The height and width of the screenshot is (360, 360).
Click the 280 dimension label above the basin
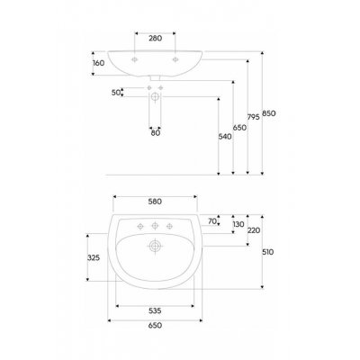point(156,38)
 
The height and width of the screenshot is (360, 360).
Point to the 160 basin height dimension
point(99,63)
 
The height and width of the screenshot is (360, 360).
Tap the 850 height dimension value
point(269,113)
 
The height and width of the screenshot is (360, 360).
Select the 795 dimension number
point(254,117)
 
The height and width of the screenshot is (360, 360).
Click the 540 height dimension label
point(225,137)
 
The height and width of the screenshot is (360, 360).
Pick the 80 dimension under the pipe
point(156,133)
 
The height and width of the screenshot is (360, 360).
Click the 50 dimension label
point(116,93)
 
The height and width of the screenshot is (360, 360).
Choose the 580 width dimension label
point(155,202)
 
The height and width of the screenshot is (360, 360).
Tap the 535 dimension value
point(155,310)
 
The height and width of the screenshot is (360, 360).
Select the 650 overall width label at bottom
point(155,325)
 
